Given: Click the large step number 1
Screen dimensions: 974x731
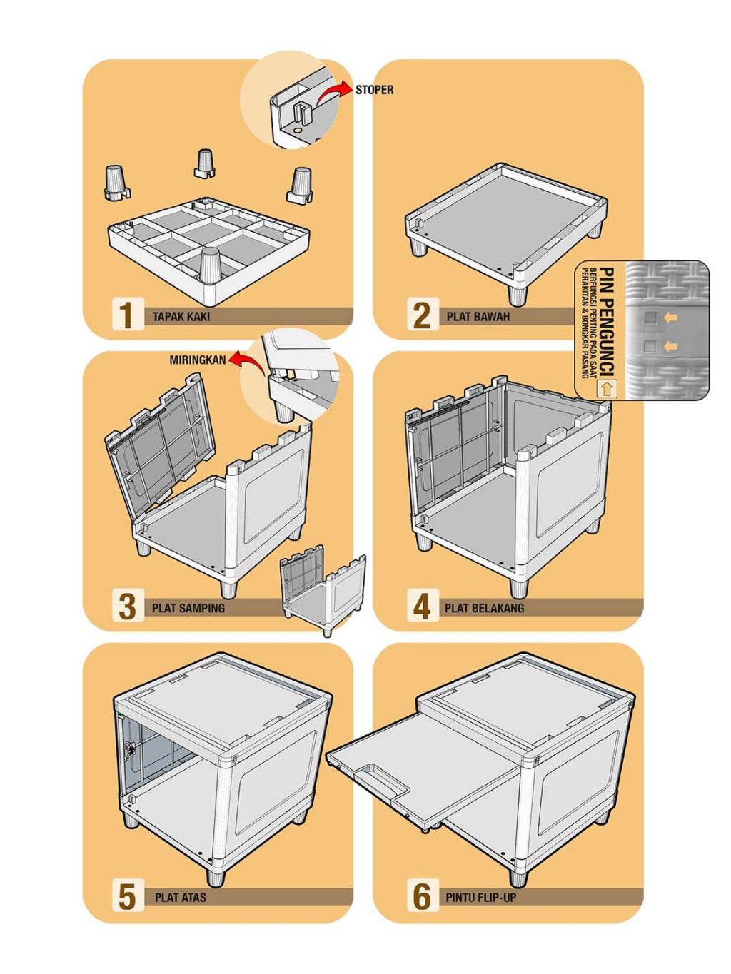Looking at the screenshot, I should [x=126, y=315].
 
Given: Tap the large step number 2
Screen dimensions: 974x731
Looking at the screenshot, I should [x=422, y=315].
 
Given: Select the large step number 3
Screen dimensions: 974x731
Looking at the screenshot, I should [x=126, y=607].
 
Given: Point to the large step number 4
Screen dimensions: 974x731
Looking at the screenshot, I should [x=422, y=607].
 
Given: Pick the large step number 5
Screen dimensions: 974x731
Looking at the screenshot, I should [x=126, y=897].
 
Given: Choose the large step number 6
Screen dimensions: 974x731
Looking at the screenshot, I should [x=422, y=897].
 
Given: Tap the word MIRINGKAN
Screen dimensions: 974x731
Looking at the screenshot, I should [x=197, y=360].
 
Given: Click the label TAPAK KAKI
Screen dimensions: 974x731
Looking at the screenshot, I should [x=181, y=316].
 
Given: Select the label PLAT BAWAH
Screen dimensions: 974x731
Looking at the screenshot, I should [x=478, y=316].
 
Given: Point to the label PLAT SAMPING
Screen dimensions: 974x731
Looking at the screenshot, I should [x=188, y=608].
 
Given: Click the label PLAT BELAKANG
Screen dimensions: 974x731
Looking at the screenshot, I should [x=484, y=608].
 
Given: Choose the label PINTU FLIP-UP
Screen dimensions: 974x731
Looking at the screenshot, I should [x=480, y=898].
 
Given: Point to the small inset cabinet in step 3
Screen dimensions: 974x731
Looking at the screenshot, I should [x=323, y=589].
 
